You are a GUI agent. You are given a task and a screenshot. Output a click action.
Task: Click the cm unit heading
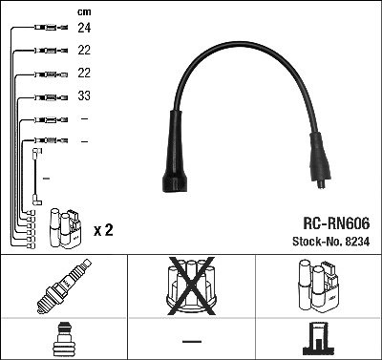84,12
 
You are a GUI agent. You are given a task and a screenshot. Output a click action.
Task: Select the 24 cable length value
84,28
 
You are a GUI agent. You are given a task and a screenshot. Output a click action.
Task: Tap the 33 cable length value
84,95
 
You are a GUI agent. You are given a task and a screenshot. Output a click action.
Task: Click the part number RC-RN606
336,223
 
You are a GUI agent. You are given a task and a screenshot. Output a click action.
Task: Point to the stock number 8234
356,242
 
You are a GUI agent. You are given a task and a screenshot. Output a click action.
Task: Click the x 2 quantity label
103,230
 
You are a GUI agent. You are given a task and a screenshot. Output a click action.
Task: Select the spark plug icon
64,286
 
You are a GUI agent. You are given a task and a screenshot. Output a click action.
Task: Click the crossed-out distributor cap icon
191,286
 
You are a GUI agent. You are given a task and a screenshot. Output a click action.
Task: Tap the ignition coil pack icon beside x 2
65,228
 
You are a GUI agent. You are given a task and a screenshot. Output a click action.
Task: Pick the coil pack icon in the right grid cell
319,286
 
